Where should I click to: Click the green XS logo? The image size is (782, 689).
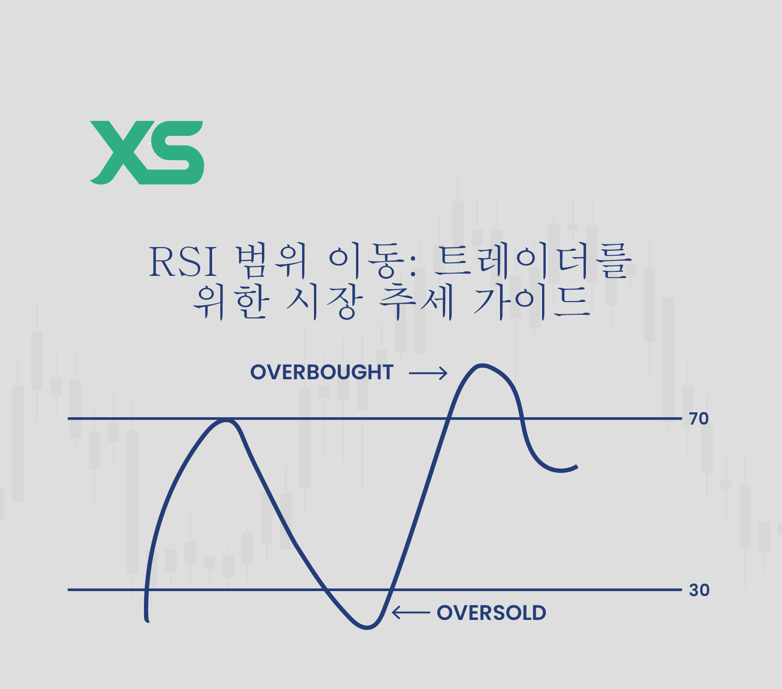pyautogui.click(x=147, y=152)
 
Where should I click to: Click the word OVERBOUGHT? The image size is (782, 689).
pyautogui.click(x=322, y=372)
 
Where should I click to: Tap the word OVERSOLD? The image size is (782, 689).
pyautogui.click(x=491, y=613)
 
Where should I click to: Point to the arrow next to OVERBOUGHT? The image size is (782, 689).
pyautogui.click(x=428, y=373)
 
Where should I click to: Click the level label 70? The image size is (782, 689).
pyautogui.click(x=699, y=419)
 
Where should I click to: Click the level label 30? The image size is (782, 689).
pyautogui.click(x=699, y=590)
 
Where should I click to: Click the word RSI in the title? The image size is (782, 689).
pyautogui.click(x=183, y=262)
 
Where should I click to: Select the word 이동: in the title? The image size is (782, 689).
pyautogui.click(x=372, y=262)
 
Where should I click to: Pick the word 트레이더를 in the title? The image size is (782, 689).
pyautogui.click(x=532, y=262)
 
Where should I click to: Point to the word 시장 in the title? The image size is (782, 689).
pyautogui.click(x=325, y=302)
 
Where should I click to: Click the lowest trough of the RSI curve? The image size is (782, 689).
pyautogui.click(x=367, y=628)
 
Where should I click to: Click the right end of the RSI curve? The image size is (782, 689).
pyautogui.click(x=577, y=467)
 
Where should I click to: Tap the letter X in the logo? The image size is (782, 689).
pyautogui.click(x=120, y=152)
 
